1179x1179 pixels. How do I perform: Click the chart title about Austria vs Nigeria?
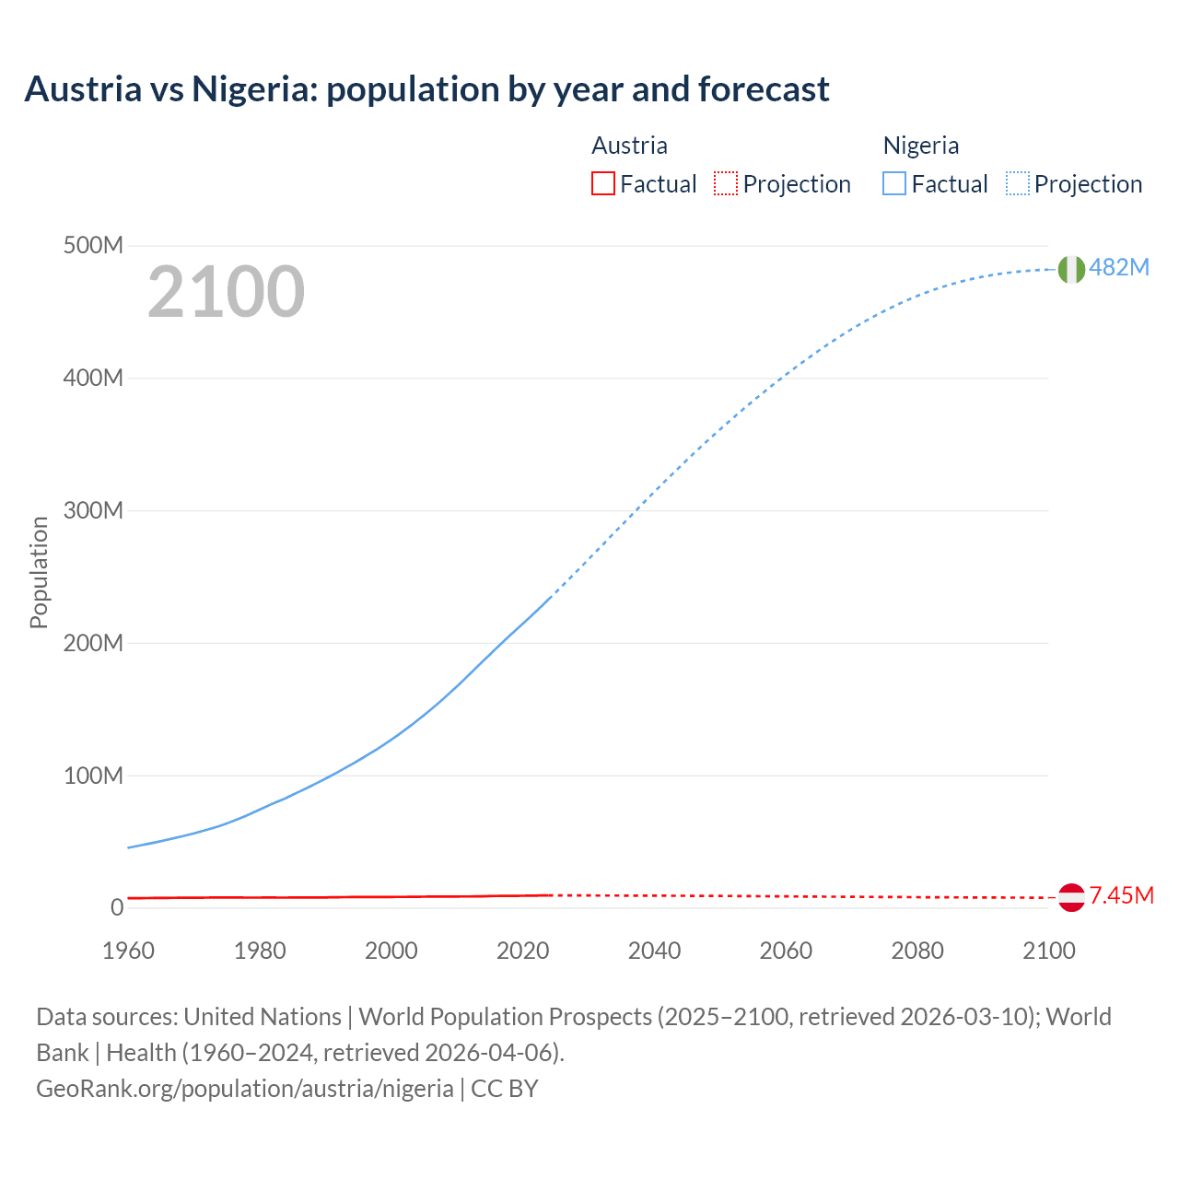[426, 89]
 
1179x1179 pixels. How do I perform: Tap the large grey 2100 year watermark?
[226, 292]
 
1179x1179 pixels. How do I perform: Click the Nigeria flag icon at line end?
[1070, 269]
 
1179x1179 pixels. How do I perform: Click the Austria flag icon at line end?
[1070, 897]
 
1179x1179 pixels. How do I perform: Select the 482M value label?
[1119, 267]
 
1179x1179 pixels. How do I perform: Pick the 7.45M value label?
[1121, 895]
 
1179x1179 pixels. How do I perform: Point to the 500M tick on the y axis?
[93, 246]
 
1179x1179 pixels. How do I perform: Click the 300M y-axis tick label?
[93, 511]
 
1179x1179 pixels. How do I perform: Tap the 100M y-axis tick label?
[93, 776]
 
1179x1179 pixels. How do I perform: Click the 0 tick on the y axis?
[117, 908]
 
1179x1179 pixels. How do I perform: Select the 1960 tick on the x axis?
[128, 951]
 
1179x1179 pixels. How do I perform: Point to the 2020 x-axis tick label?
[522, 951]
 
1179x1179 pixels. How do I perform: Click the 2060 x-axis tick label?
[786, 951]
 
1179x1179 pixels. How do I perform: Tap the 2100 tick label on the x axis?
[1048, 951]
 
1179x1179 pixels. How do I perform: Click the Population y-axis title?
[39, 572]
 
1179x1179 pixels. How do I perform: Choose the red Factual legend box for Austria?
[603, 184]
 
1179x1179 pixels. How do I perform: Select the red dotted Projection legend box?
[726, 184]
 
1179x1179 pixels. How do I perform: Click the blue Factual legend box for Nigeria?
[894, 184]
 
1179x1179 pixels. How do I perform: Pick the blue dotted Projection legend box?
[1018, 184]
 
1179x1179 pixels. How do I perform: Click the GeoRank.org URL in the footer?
[244, 1089]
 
